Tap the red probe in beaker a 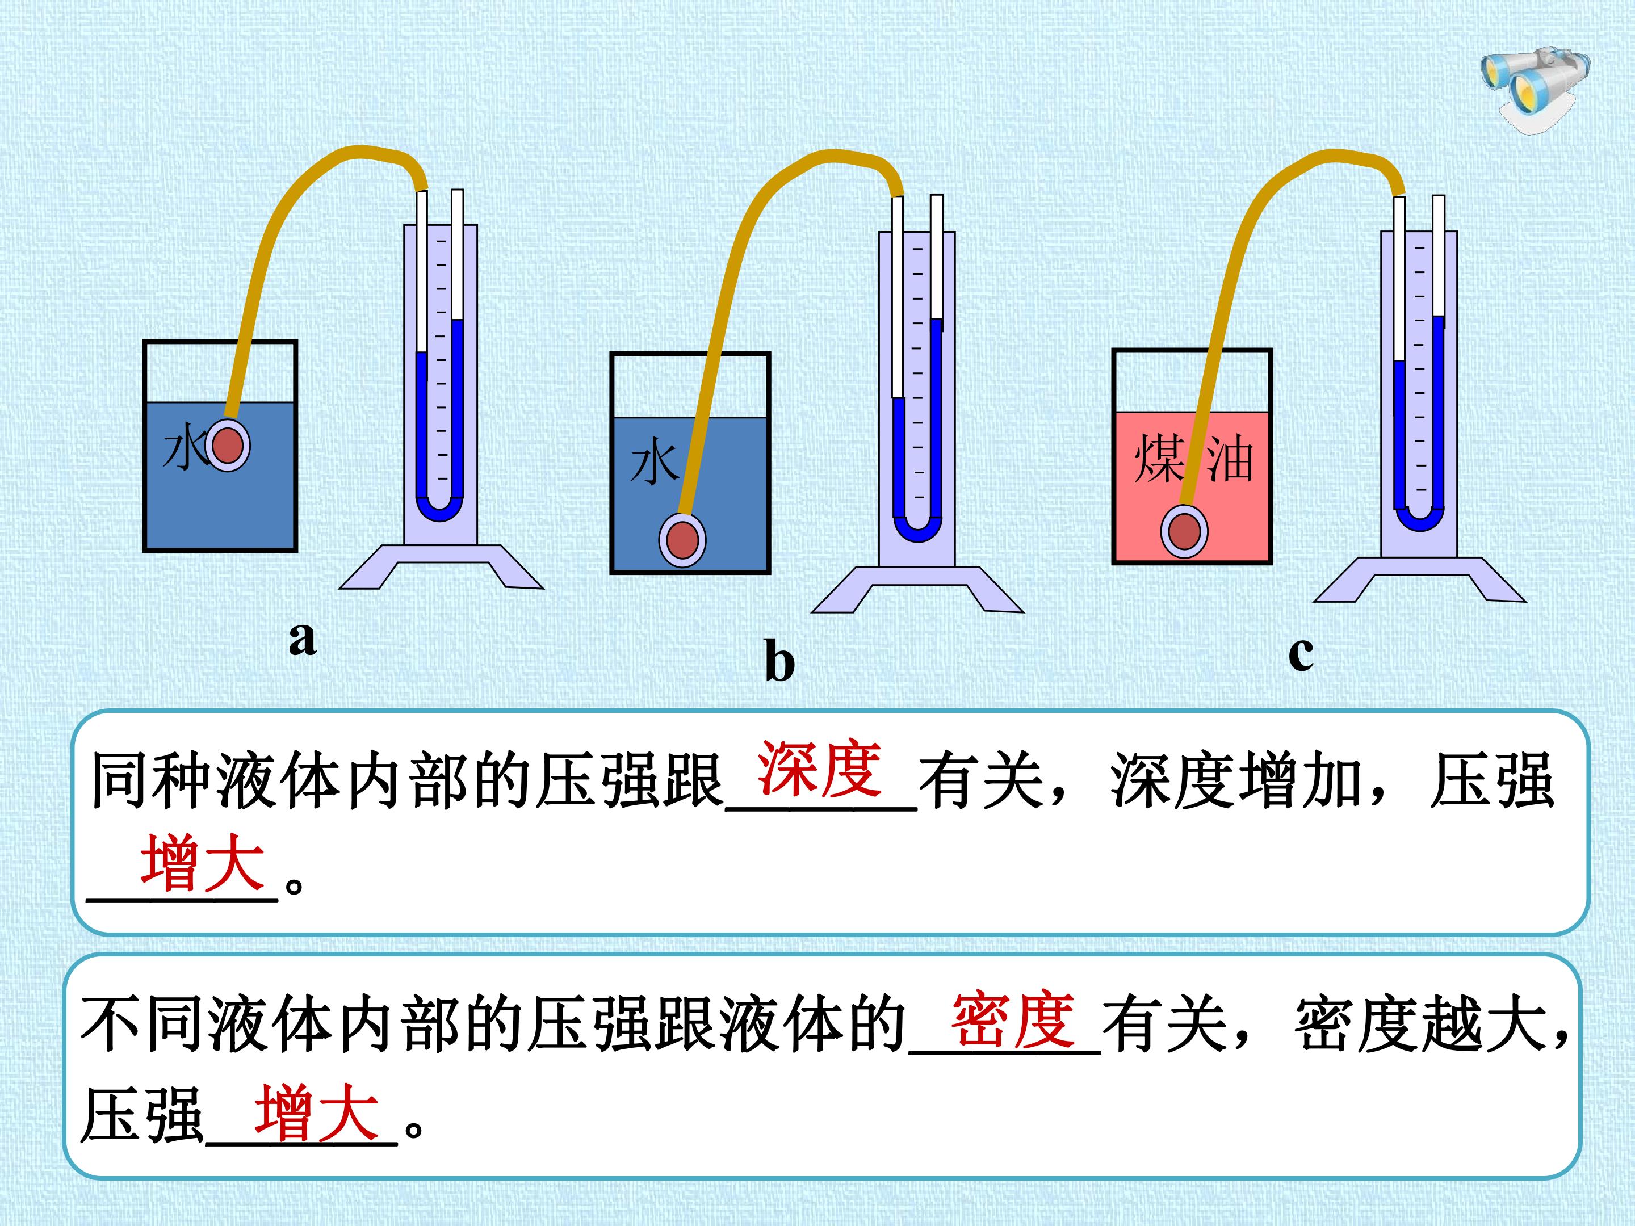(x=228, y=446)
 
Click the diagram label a (x=303, y=638)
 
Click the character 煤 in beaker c (x=1160, y=459)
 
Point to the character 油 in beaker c (x=1230, y=460)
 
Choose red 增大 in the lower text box (x=317, y=1113)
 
